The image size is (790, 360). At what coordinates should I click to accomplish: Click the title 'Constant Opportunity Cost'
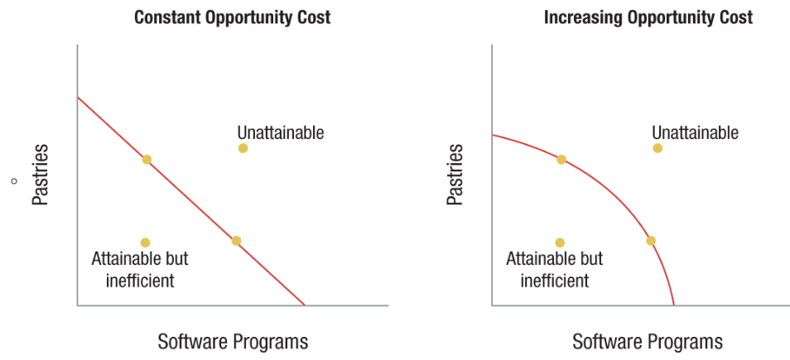point(232,17)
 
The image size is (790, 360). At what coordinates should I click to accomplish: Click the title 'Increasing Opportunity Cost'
point(648,17)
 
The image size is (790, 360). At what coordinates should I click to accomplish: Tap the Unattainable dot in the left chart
point(243,148)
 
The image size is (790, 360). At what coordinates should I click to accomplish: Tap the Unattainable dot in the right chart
point(658,148)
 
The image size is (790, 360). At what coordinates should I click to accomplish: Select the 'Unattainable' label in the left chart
point(280,132)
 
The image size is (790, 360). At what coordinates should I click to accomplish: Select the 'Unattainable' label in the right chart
point(695,132)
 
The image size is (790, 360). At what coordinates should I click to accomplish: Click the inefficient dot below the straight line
point(145,242)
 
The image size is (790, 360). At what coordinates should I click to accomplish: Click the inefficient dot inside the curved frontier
point(560,242)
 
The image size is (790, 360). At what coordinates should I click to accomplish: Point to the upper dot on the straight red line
point(147,159)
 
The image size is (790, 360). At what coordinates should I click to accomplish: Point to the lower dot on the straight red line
point(236,241)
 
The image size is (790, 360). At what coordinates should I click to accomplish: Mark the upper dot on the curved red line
point(561,159)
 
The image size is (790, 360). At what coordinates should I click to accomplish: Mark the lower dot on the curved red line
point(651,241)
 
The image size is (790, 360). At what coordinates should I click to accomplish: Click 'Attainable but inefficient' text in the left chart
point(140,270)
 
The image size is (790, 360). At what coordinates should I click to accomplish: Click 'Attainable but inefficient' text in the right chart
point(555,270)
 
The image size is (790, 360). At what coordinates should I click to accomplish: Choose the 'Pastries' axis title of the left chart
point(41,175)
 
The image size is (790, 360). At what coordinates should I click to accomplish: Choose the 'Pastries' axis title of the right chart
point(455,175)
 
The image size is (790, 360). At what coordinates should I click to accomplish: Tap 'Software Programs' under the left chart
point(233,341)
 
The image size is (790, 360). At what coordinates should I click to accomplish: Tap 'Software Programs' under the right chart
point(648,341)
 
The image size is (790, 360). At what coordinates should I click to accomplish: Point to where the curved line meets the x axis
point(674,305)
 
